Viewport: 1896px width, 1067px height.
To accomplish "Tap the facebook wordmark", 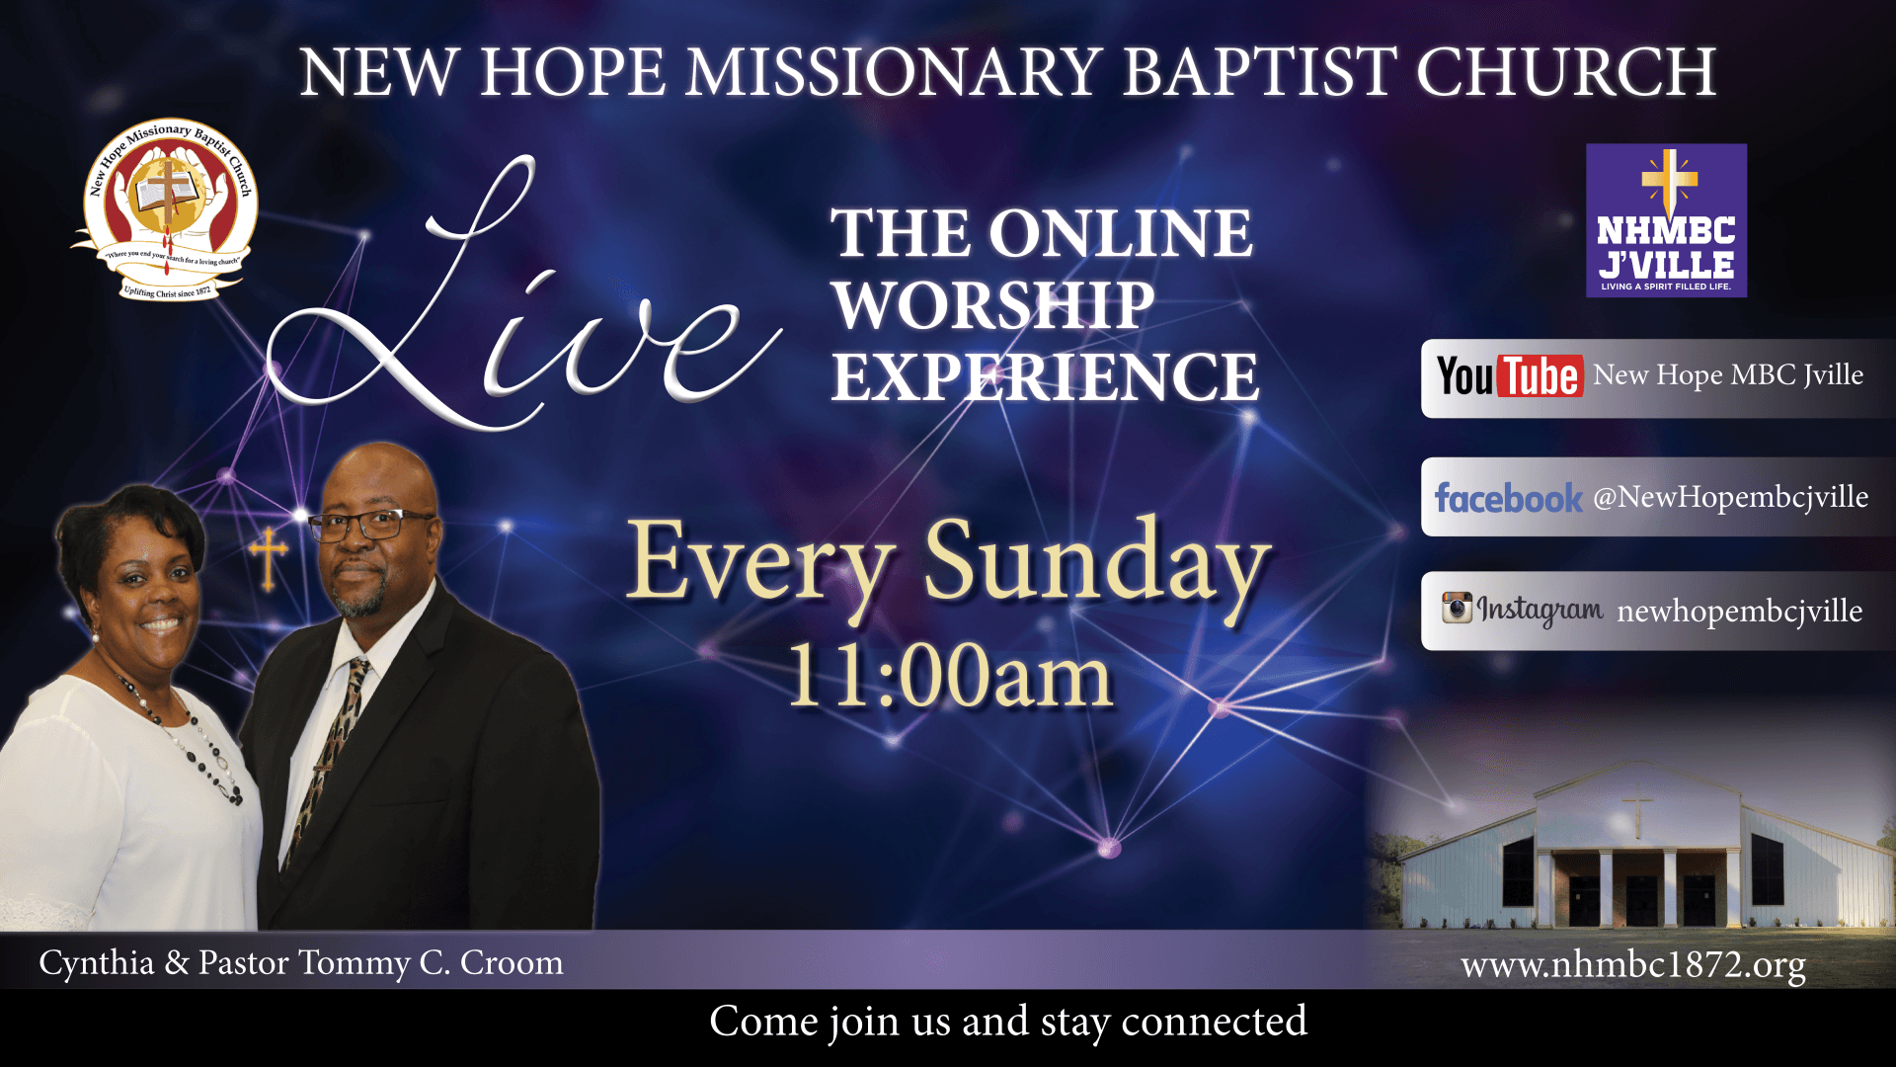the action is coord(1508,498).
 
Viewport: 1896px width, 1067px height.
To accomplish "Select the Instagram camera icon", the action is coord(1457,608).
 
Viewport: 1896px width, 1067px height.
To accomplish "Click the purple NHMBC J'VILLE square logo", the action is coord(1666,220).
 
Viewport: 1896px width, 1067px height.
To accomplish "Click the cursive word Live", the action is coord(523,296).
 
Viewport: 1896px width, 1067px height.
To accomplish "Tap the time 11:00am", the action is coord(950,677).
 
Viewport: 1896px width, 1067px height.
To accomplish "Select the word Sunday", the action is coord(1096,563).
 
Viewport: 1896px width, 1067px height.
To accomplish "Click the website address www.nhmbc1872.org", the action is coord(1633,964).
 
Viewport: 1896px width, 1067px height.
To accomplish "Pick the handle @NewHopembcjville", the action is coord(1730,497).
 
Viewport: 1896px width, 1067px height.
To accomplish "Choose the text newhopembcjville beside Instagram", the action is coord(1740,612).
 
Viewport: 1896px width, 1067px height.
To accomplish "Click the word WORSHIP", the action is coord(993,305).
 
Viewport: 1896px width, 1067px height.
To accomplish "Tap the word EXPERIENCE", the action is coord(1045,377).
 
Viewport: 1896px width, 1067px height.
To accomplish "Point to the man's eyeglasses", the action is coord(370,524).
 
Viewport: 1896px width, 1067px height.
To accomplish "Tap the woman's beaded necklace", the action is coord(183,736).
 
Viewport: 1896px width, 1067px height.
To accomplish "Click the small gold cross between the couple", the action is coord(268,559).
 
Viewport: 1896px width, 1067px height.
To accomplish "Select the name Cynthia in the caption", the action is coord(97,963).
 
